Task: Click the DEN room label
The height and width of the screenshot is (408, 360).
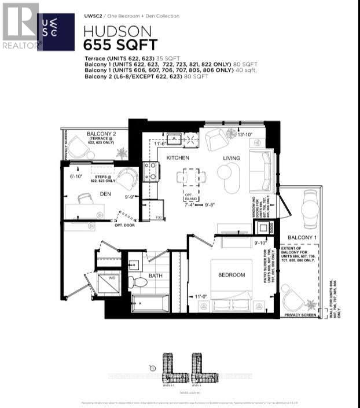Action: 106,194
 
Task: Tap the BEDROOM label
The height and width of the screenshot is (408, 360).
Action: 231,275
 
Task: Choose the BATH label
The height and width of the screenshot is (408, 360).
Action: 155,275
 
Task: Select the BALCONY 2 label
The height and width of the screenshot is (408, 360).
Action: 102,134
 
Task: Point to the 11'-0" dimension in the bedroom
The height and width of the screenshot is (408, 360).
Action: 200,297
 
